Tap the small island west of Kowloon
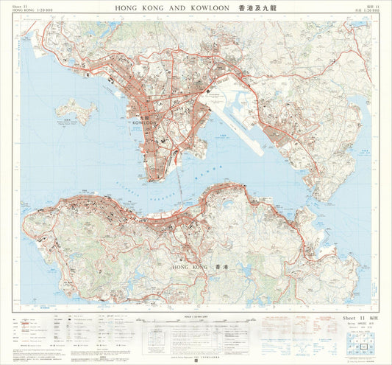click(x=75, y=111)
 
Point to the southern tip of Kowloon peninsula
click(x=150, y=178)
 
